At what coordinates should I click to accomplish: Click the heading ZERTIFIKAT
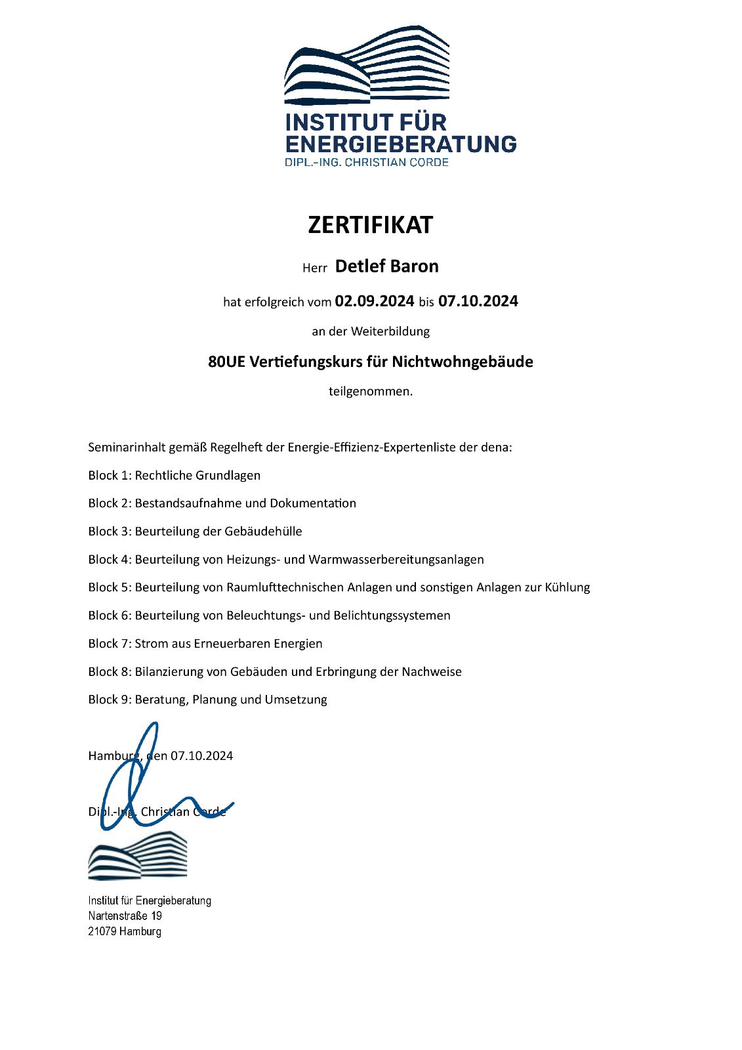tap(370, 225)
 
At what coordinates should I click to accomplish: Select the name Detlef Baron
tap(386, 266)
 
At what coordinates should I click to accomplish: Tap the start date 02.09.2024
tap(374, 301)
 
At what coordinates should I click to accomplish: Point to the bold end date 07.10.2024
tap(478, 301)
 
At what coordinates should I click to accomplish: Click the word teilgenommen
tap(370, 392)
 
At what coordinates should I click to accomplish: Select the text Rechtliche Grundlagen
tap(197, 475)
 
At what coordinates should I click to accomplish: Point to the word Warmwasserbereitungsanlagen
tap(396, 560)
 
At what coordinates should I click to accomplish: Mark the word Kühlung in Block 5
tap(567, 587)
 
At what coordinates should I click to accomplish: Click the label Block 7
tap(109, 644)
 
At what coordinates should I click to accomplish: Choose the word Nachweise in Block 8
tap(432, 672)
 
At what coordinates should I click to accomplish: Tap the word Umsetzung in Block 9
tap(296, 700)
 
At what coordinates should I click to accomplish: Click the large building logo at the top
tap(367, 66)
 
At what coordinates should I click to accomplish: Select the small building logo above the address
tap(138, 856)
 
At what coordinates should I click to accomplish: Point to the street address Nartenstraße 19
tap(125, 916)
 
